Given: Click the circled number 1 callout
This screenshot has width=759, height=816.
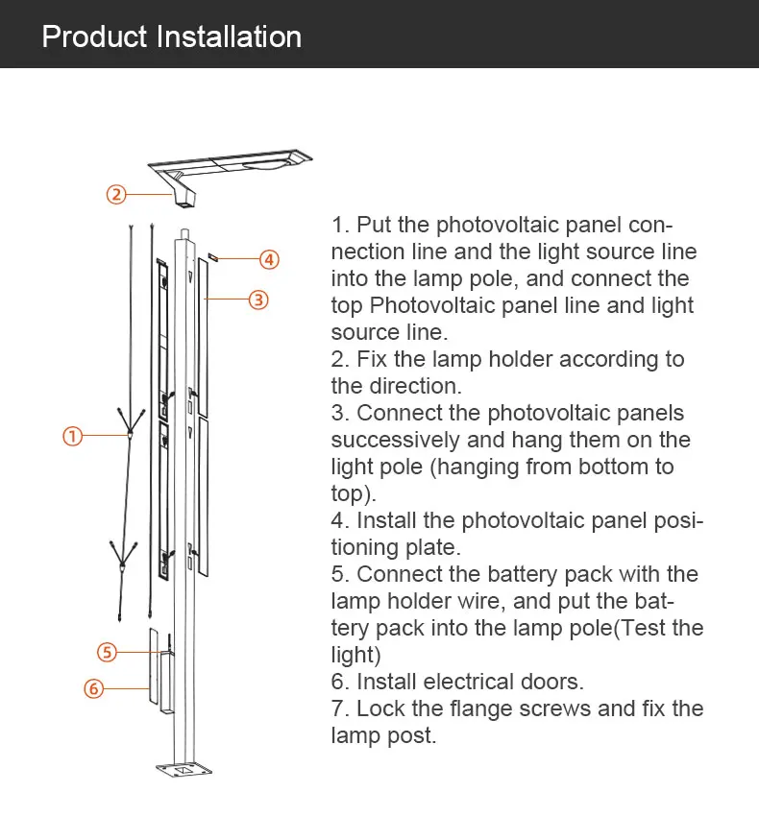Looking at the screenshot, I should click(73, 436).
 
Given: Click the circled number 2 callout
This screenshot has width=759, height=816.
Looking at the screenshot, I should click(115, 194).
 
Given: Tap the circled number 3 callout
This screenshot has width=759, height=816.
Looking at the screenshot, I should click(258, 300).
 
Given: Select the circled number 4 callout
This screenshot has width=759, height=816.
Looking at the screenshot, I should click(269, 259).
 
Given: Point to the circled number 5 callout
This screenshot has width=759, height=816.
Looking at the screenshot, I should click(108, 652).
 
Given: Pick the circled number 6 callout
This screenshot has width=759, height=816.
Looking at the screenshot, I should click(93, 688).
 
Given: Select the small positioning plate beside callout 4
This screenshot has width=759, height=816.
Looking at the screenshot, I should click(215, 257).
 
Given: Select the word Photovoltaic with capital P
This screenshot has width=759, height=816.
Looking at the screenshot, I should click(434, 305).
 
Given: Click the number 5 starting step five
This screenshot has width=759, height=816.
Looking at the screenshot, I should click(338, 574).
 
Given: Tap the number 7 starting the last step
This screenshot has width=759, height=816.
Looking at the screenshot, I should click(338, 708).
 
